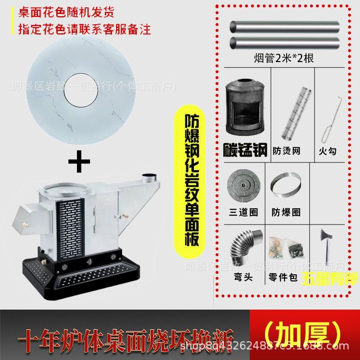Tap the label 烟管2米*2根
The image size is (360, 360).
(286, 58)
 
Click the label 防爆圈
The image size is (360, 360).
(286, 211)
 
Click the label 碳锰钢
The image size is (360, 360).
(245, 149)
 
